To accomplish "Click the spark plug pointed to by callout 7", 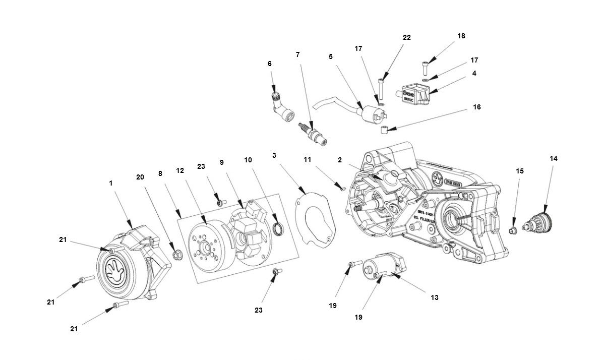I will tap(313, 130).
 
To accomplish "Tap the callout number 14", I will tap(554, 158).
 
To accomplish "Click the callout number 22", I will tap(406, 38).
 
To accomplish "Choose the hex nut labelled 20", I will tap(177, 255).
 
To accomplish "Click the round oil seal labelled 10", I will tap(277, 230).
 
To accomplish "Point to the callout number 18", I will tap(461, 36).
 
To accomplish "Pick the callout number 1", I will tap(111, 184).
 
